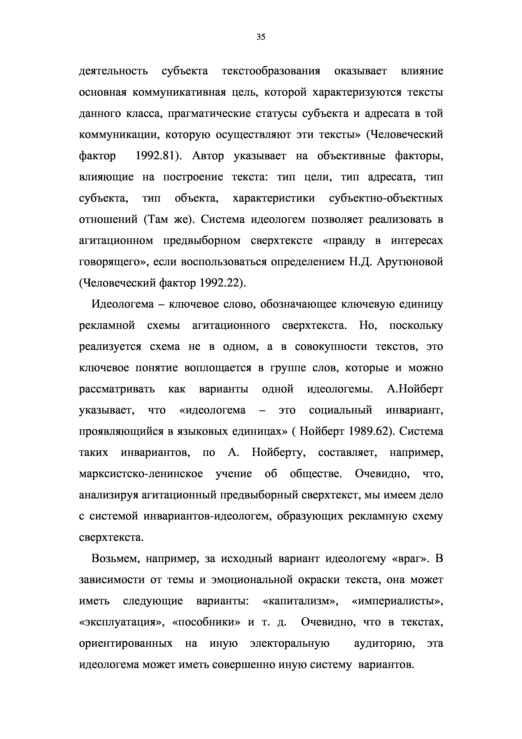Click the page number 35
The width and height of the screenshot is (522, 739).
261,37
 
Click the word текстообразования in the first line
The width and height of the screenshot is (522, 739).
271,71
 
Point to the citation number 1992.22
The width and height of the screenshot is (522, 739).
220,283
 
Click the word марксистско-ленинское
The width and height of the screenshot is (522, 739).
141,474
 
